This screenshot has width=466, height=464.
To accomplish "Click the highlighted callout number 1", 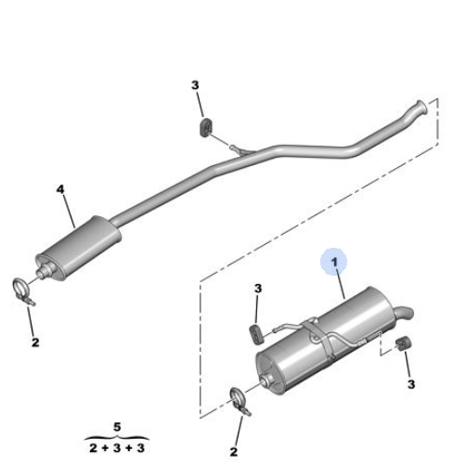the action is click(x=334, y=263).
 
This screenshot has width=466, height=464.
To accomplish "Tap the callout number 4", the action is click(x=60, y=189).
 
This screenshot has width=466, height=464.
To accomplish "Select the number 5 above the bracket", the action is click(x=117, y=427).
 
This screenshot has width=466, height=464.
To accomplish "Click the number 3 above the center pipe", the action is click(x=195, y=85).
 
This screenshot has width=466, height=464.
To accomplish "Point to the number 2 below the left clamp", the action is click(x=35, y=342).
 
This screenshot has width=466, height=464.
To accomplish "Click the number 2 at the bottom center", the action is click(x=234, y=452).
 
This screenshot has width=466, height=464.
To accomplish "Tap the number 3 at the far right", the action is click(x=411, y=384).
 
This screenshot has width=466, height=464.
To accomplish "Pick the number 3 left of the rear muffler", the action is click(x=258, y=289).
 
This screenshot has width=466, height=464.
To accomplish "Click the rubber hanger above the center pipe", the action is click(x=205, y=127).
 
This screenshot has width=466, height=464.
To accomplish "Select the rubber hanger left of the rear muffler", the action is click(x=256, y=333).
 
